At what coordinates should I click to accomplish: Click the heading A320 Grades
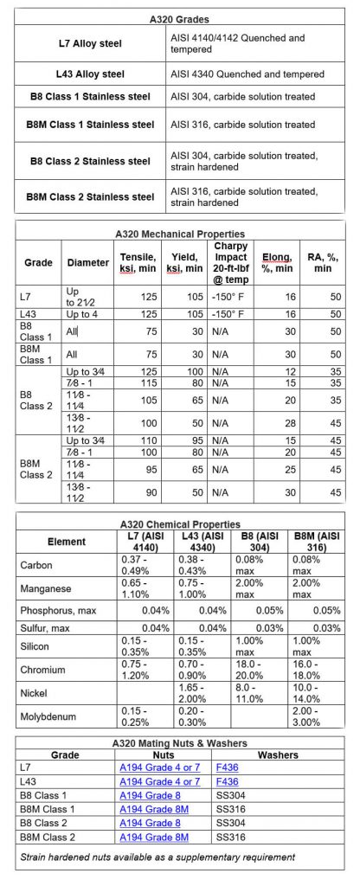(x=180, y=17)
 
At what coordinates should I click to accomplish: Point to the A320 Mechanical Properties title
(x=179, y=234)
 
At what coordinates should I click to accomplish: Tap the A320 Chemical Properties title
(x=179, y=523)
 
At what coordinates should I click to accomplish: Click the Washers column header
(x=278, y=754)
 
